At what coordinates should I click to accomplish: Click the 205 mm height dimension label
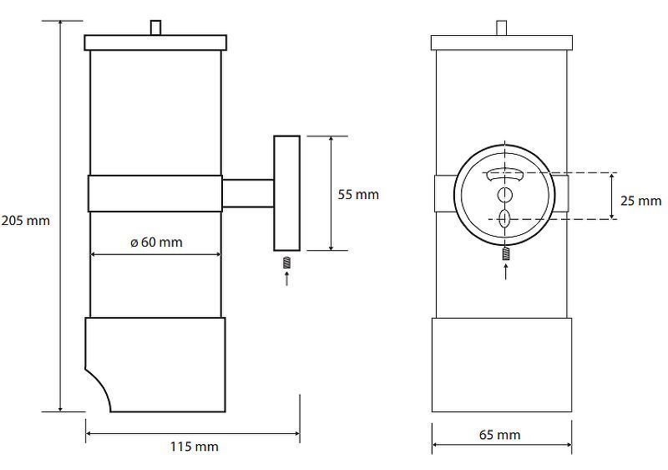(26, 221)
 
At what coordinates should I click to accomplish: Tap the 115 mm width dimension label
(195, 447)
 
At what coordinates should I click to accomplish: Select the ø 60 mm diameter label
(156, 243)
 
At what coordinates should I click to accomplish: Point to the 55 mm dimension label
(358, 195)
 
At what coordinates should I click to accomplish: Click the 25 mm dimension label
(640, 201)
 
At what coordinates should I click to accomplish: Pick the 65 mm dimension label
(499, 435)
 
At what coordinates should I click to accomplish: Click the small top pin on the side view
(156, 28)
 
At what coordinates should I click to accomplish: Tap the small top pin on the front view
(502, 28)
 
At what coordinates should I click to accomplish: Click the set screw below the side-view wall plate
(286, 263)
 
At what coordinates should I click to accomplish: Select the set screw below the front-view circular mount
(506, 253)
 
